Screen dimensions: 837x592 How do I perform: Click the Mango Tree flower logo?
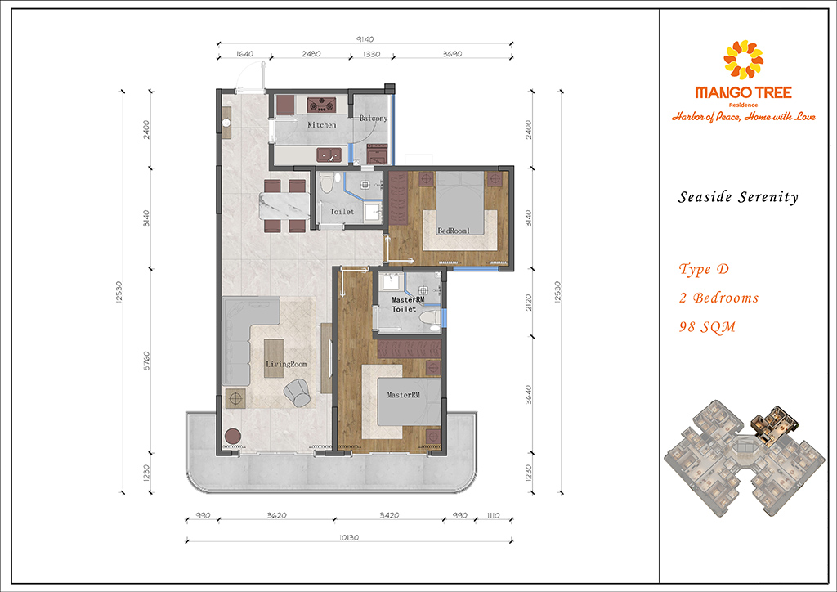click(743, 59)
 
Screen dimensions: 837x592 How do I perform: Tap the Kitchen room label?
click(322, 125)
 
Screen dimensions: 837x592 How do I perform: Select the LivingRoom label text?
click(287, 364)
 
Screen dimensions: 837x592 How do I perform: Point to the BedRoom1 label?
click(454, 231)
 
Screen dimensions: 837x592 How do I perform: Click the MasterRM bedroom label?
click(404, 395)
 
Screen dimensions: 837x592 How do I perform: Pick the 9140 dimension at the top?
click(365, 39)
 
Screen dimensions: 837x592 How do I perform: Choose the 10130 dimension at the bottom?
click(348, 537)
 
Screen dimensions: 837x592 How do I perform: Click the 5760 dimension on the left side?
click(147, 361)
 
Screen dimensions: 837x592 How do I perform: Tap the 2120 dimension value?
click(529, 303)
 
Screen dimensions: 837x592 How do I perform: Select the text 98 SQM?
click(707, 327)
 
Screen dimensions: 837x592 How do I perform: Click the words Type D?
click(704, 269)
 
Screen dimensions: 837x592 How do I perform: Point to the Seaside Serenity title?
click(738, 197)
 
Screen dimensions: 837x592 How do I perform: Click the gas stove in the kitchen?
click(321, 104)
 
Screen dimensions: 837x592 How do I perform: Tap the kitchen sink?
click(329, 155)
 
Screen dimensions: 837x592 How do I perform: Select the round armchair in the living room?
click(298, 392)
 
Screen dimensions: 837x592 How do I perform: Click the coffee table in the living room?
click(275, 359)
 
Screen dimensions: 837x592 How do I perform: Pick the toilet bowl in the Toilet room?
click(327, 182)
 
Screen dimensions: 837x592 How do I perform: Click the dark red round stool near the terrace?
click(233, 437)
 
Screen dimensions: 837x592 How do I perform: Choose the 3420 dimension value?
click(388, 515)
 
